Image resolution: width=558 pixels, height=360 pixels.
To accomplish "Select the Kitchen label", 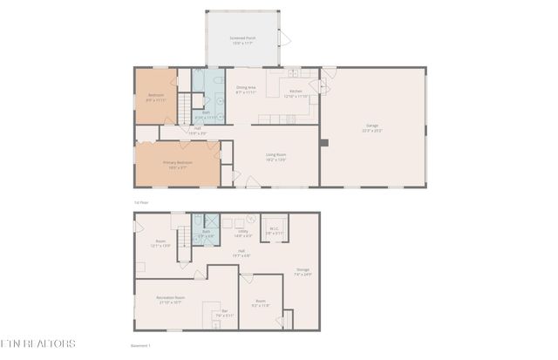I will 296,91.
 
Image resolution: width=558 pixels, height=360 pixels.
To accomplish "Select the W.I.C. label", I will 274,230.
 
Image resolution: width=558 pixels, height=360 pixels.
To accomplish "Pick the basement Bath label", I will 206,232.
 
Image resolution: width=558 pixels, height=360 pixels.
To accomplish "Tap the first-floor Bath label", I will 206,112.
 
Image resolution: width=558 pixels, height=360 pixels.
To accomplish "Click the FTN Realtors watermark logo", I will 37,343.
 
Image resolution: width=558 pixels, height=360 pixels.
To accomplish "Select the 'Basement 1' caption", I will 139,345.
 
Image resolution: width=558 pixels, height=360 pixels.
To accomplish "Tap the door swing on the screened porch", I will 282,37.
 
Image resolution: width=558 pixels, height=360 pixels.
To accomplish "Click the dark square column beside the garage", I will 323,142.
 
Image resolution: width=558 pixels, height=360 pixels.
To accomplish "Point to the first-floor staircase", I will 184,109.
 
